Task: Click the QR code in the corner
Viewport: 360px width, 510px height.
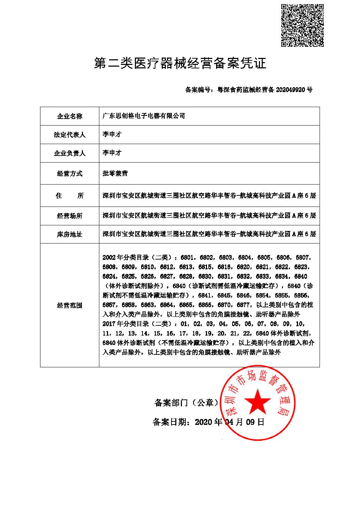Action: [302, 25]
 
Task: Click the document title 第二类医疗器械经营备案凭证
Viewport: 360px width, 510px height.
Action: [180, 63]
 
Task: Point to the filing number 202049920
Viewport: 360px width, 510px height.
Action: [291, 90]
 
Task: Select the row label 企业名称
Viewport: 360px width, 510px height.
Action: [70, 116]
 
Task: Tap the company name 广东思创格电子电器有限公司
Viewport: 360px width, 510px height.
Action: [144, 116]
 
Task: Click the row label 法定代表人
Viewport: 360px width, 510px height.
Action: [70, 135]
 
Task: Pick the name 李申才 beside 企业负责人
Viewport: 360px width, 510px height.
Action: [112, 153]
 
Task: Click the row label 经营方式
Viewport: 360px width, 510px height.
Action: [70, 173]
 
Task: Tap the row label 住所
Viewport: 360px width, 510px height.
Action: [70, 196]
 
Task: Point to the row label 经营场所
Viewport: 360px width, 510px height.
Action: [70, 216]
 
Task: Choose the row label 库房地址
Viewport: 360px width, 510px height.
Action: [70, 234]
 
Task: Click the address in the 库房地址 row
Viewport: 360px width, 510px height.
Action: [209, 234]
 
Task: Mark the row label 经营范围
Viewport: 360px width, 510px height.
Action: [70, 306]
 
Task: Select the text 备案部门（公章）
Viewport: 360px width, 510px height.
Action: [186, 403]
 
